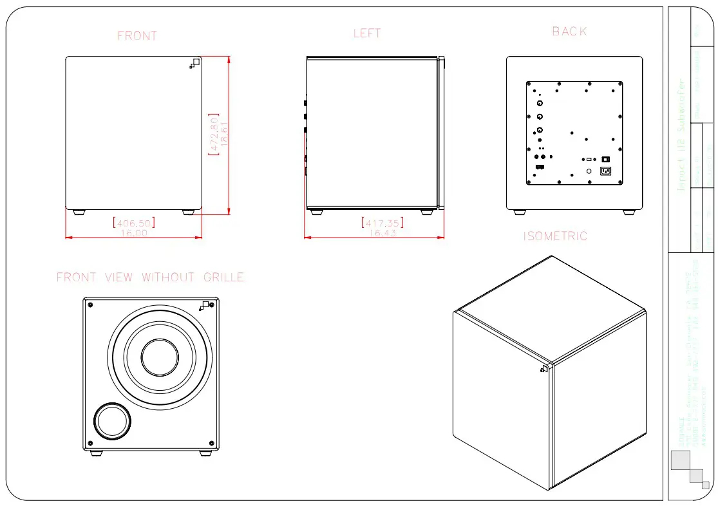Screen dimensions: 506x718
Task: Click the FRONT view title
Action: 137,36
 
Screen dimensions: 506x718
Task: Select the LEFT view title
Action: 367,33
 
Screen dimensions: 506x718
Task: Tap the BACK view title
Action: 569,32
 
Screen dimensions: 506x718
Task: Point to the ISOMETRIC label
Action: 555,236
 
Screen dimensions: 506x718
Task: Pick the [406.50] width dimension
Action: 133,223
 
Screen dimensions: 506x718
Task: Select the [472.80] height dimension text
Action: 213,135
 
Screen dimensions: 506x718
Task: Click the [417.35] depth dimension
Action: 383,223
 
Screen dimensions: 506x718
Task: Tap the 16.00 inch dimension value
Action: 133,232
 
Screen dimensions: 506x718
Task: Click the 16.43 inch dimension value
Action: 383,232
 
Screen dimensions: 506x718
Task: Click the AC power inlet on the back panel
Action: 605,171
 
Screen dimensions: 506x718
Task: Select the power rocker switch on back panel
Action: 605,159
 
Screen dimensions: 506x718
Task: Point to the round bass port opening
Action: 113,422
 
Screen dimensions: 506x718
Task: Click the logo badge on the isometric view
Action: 543,369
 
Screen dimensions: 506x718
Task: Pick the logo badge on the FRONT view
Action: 195,62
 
